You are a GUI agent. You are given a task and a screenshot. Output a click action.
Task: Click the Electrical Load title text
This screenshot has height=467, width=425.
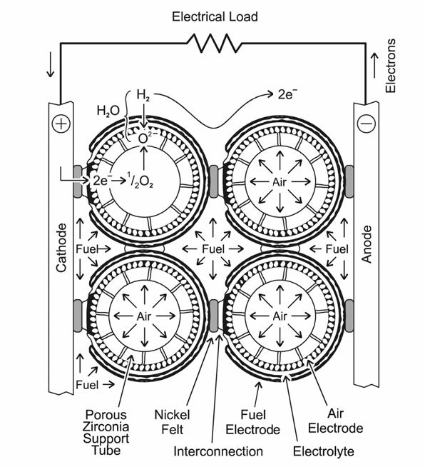click(215, 16)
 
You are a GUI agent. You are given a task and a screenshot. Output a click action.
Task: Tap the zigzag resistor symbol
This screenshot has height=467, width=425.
click(214, 44)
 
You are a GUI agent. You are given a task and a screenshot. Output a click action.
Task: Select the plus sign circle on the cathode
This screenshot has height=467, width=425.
click(61, 124)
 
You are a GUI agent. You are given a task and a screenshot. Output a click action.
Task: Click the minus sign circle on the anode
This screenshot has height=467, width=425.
click(366, 124)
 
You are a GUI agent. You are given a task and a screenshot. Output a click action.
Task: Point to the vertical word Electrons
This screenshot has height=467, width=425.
click(391, 66)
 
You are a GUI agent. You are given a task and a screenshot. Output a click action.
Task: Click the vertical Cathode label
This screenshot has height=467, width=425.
click(61, 248)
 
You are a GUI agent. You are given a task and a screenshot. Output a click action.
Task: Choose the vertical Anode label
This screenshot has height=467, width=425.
click(367, 244)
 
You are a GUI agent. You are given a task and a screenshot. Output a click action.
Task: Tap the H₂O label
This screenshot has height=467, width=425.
click(108, 111)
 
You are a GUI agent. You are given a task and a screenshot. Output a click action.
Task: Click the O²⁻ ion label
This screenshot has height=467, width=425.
click(146, 138)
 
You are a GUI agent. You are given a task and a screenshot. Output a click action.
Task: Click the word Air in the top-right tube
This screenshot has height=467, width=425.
click(280, 181)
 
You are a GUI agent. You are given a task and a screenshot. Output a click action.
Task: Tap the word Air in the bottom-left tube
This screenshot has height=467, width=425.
click(144, 316)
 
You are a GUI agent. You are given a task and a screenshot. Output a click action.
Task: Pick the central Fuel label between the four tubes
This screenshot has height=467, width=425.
click(213, 249)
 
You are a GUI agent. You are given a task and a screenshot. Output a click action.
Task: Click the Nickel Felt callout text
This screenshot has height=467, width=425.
click(172, 422)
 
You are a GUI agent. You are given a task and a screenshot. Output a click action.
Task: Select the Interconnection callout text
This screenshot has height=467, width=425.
click(218, 451)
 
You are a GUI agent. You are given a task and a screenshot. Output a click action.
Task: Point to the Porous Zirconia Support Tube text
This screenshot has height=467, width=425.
click(106, 433)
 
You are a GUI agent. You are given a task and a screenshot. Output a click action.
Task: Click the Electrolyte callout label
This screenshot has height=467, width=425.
click(324, 451)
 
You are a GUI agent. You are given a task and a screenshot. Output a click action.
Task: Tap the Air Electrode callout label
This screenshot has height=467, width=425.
click(335, 421)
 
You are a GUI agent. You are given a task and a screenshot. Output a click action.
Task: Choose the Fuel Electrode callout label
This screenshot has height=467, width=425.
click(253, 422)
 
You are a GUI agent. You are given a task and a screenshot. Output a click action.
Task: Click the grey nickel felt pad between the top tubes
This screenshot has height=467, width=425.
click(213, 181)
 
